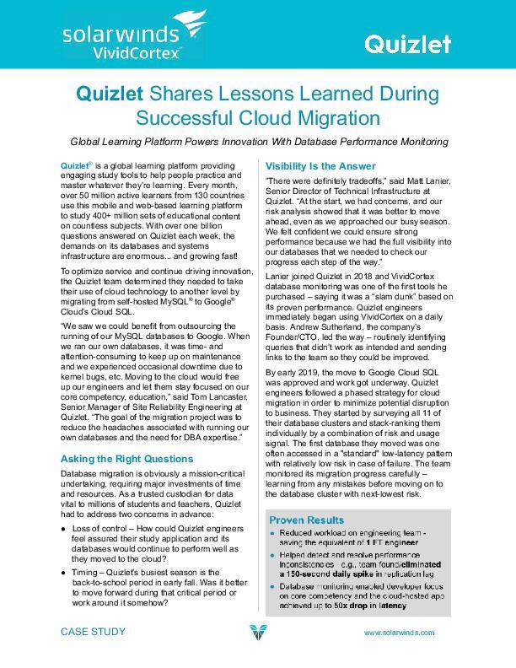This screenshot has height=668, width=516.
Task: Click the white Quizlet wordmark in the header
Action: tap(406, 44)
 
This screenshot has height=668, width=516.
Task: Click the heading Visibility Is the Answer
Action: tap(320, 166)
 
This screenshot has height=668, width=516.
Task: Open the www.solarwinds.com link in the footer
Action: tap(399, 632)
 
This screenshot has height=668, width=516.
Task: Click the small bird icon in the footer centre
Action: tap(258, 633)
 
